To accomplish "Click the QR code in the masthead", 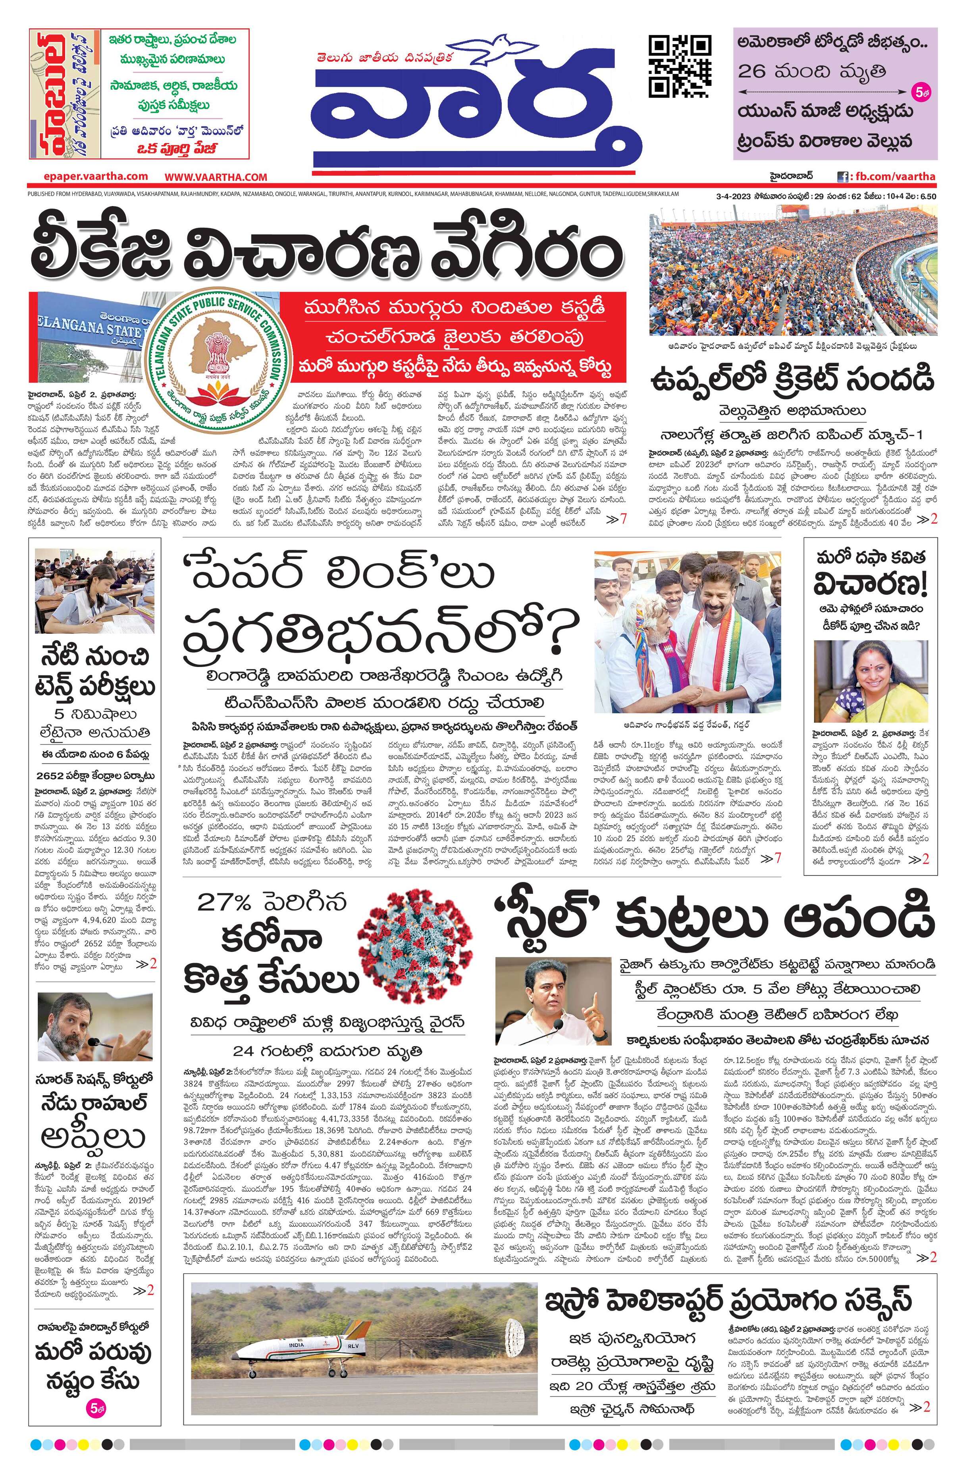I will (x=679, y=66).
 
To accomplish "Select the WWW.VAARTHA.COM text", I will (x=216, y=177).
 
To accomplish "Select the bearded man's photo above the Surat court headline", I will (x=95, y=1026).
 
